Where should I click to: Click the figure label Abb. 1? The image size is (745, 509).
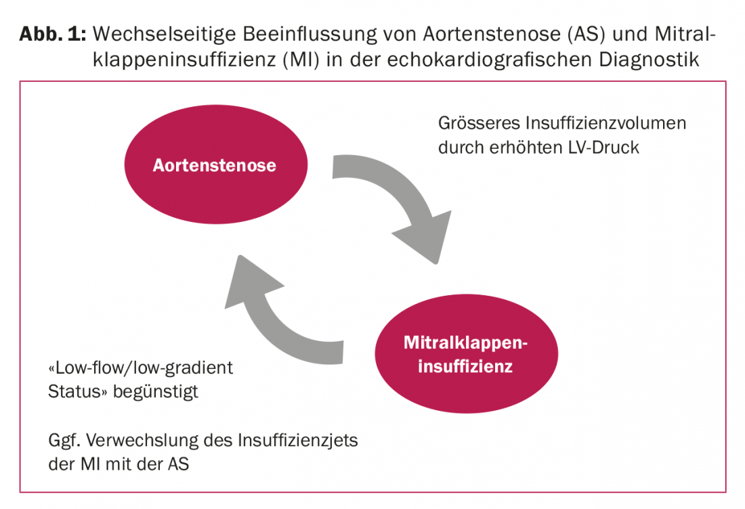coord(53,35)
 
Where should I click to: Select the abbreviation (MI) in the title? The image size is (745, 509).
coord(301,60)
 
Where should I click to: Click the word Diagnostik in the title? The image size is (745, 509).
coord(649,60)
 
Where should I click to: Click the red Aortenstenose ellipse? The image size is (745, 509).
coord(215,164)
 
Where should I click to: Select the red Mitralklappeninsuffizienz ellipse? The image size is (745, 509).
coord(466,354)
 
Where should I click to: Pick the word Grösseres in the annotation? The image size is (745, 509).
coord(480,123)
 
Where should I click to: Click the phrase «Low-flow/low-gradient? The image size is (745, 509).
coord(141,368)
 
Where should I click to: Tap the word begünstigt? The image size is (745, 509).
coord(156,393)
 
